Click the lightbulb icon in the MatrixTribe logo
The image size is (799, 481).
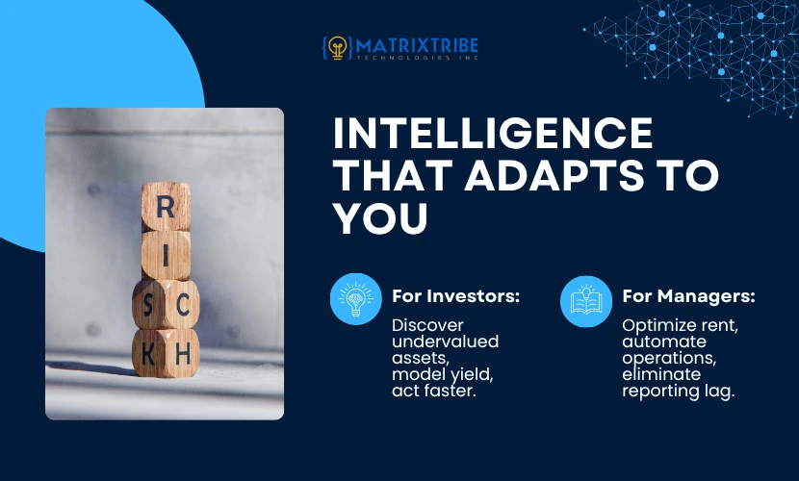pos(337,48)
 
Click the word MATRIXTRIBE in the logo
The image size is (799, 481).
pos(418,46)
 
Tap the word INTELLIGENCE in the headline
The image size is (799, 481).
pos(493,134)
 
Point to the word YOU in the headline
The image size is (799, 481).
pos(380,217)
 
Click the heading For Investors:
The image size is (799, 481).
pos(455,295)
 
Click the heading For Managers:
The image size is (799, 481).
pos(688,295)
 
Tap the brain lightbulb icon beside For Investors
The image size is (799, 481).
pos(355,299)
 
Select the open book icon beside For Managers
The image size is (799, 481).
pos(586,301)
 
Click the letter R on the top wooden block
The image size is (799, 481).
pos(166,208)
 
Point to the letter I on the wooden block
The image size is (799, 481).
pos(166,256)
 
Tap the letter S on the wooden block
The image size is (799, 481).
pos(147,305)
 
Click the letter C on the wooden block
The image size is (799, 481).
pos(183,305)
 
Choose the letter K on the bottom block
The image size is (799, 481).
pos(148,354)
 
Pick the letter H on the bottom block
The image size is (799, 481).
pos(183,354)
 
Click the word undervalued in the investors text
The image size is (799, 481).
pos(446,341)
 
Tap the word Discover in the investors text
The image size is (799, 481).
pos(427,325)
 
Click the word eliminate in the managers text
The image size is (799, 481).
pos(661,374)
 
